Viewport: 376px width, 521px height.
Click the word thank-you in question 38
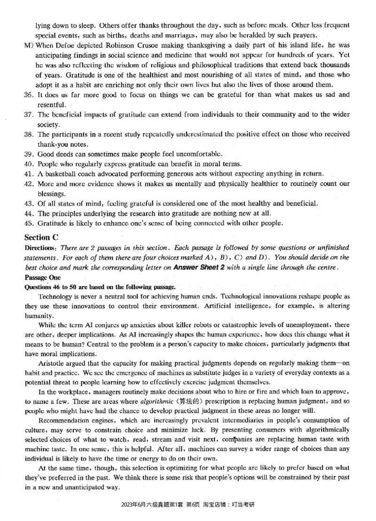point(54,144)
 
